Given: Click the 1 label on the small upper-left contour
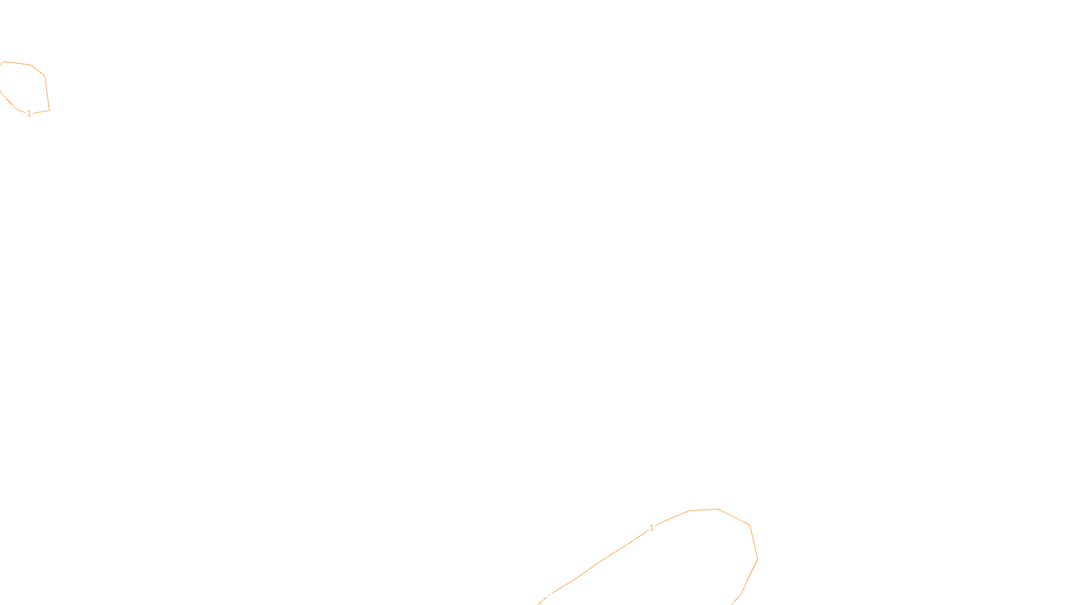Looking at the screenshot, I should click(29, 114).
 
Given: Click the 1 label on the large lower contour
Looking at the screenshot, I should click(652, 528).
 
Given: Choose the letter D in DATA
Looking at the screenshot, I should click(561, 594).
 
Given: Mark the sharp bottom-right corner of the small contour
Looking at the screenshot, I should click(49, 110).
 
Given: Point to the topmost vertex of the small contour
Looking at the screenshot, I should click(5, 61).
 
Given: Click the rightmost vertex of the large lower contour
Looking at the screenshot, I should click(757, 559).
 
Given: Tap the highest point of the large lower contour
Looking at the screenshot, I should click(718, 509).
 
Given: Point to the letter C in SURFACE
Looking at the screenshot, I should click(547, 594).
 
